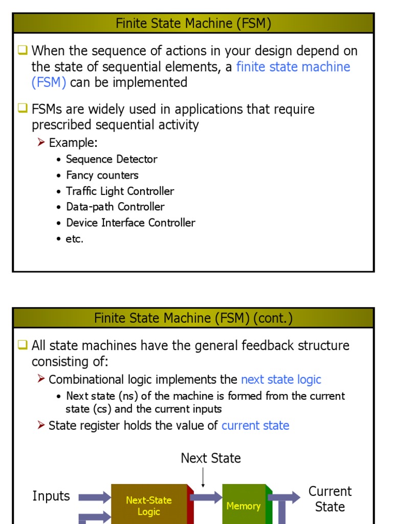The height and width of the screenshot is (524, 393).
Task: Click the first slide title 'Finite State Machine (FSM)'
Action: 193,24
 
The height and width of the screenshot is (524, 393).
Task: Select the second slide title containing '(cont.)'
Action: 193,318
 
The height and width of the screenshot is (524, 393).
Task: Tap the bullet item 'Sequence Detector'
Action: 112,159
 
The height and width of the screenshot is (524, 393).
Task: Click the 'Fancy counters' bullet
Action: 102,175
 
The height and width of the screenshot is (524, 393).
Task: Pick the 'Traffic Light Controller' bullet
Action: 120,191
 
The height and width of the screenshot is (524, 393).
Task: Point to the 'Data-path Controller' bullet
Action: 115,207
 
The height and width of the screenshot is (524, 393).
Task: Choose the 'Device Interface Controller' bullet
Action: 130,223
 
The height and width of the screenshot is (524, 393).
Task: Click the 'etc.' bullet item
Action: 75,238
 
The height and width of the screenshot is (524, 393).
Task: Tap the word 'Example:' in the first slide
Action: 73,142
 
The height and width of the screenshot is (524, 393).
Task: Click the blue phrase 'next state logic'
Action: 281,380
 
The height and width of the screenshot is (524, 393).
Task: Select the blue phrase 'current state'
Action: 255,426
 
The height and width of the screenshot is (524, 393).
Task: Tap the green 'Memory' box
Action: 243,506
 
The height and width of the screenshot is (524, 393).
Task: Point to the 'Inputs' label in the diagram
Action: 51,496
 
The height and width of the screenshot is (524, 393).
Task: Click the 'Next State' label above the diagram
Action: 211,458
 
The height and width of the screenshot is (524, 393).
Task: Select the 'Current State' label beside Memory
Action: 330,499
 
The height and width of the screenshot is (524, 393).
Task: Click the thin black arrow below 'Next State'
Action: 203,477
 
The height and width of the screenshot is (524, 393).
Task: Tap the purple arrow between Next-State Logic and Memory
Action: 206,497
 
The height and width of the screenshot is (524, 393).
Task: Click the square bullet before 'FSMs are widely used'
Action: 23,108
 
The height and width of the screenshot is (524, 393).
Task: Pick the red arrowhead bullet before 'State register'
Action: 41,426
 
